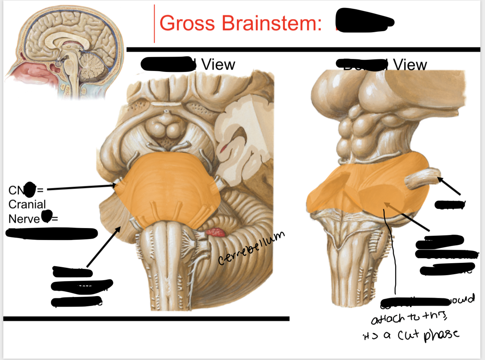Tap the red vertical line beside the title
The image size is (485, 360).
pyautogui.click(x=155, y=24)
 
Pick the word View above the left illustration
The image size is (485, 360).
pyautogui.click(x=218, y=65)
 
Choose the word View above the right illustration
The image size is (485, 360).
pyautogui.click(x=410, y=65)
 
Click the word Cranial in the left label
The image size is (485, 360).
pyautogui.click(x=27, y=204)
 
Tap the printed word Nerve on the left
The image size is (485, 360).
pyautogui.click(x=24, y=219)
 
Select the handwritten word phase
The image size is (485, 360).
pyautogui.click(x=441, y=334)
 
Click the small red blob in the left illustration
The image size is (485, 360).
pyautogui.click(x=216, y=232)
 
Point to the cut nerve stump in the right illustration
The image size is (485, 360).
pyautogui.click(x=422, y=178)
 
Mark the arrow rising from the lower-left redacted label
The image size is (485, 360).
pyautogui.click(x=104, y=247)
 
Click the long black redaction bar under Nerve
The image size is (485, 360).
pyautogui.click(x=52, y=233)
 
